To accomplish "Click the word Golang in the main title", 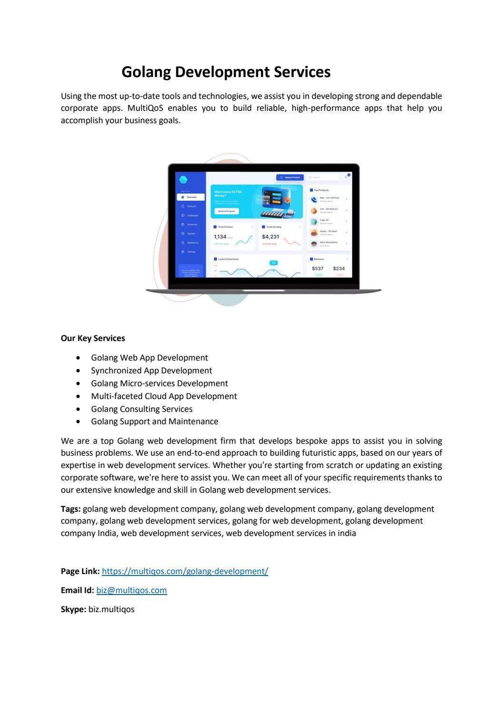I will (146, 72).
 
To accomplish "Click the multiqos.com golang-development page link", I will (185, 571).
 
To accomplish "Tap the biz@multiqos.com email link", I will (132, 590).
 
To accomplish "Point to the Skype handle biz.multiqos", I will (111, 609).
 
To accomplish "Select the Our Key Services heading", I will (93, 338).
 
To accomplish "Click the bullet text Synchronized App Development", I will (151, 371).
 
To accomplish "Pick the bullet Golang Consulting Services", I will (142, 409).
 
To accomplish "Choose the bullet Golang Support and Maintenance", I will (155, 421).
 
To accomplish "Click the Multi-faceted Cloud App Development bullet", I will (164, 396).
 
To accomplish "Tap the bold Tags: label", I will (70, 509).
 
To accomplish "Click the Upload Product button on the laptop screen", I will (290, 177).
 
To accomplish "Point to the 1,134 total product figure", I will (220, 237).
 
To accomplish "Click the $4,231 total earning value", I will (271, 237).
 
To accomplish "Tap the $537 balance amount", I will (318, 269).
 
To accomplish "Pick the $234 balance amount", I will (339, 269).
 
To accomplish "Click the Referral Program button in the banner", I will (226, 211).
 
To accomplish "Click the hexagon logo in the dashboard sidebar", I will (184, 179).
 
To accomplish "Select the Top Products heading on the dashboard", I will (321, 190).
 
